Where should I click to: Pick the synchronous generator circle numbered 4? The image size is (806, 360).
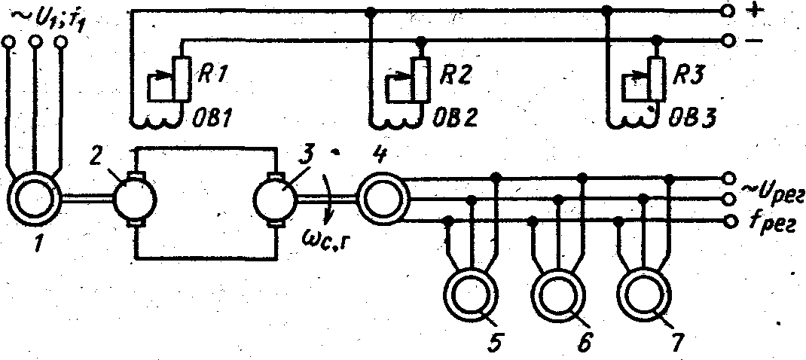click(383, 198)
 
